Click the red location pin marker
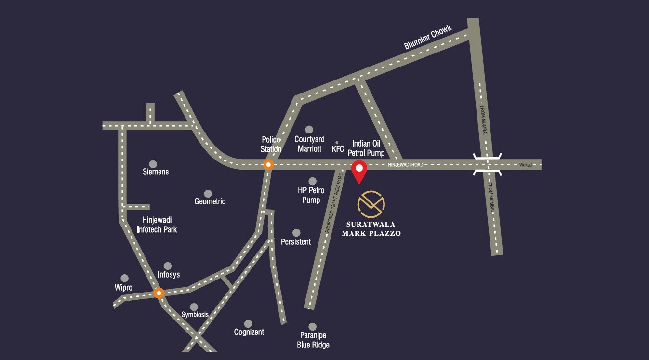(x=359, y=171)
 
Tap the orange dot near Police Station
(x=268, y=164)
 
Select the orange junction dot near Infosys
(x=159, y=293)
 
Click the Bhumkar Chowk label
(x=428, y=38)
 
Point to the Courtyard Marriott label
(x=309, y=144)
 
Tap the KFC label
(x=338, y=149)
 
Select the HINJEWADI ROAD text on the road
(x=405, y=165)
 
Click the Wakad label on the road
(x=526, y=165)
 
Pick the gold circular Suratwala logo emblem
(x=371, y=204)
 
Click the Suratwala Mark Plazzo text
(x=371, y=228)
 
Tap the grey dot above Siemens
(x=153, y=164)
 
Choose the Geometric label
(x=210, y=201)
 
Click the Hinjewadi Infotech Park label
(x=157, y=225)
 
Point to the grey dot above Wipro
(x=125, y=278)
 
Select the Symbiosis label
(x=195, y=315)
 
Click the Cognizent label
(x=249, y=332)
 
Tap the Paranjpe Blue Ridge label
(x=313, y=340)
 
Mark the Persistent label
(x=296, y=242)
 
